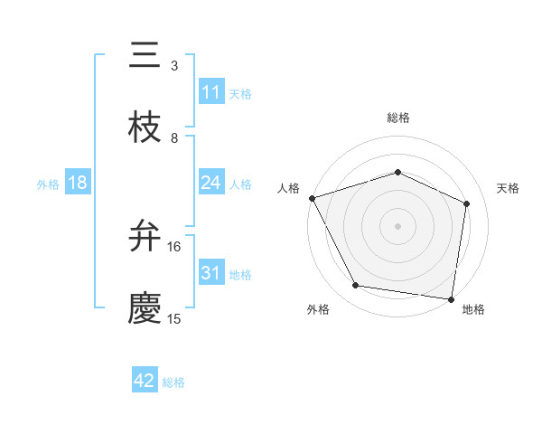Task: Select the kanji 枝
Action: (145, 127)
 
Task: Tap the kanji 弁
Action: (145, 237)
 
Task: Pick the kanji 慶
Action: (145, 308)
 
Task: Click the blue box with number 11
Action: (210, 92)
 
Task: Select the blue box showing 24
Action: (210, 183)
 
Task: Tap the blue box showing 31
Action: (210, 273)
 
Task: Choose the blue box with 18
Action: (78, 183)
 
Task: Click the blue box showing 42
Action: (145, 382)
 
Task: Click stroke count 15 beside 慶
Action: (174, 318)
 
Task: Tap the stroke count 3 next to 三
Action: (174, 66)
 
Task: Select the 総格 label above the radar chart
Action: (398, 118)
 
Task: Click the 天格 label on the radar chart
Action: (509, 188)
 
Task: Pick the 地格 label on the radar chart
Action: (473, 309)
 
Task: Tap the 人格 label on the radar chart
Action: (289, 188)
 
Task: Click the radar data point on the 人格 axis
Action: (313, 198)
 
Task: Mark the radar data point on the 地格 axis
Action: (451, 298)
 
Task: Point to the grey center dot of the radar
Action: (398, 225)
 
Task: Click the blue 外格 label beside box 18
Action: (48, 184)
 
